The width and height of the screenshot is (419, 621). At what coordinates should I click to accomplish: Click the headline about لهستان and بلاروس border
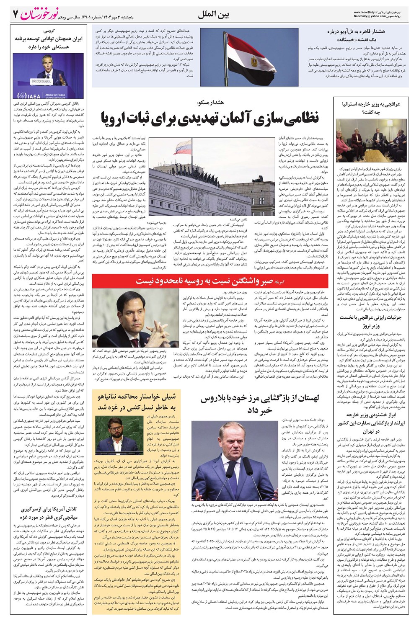pos(260,405)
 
